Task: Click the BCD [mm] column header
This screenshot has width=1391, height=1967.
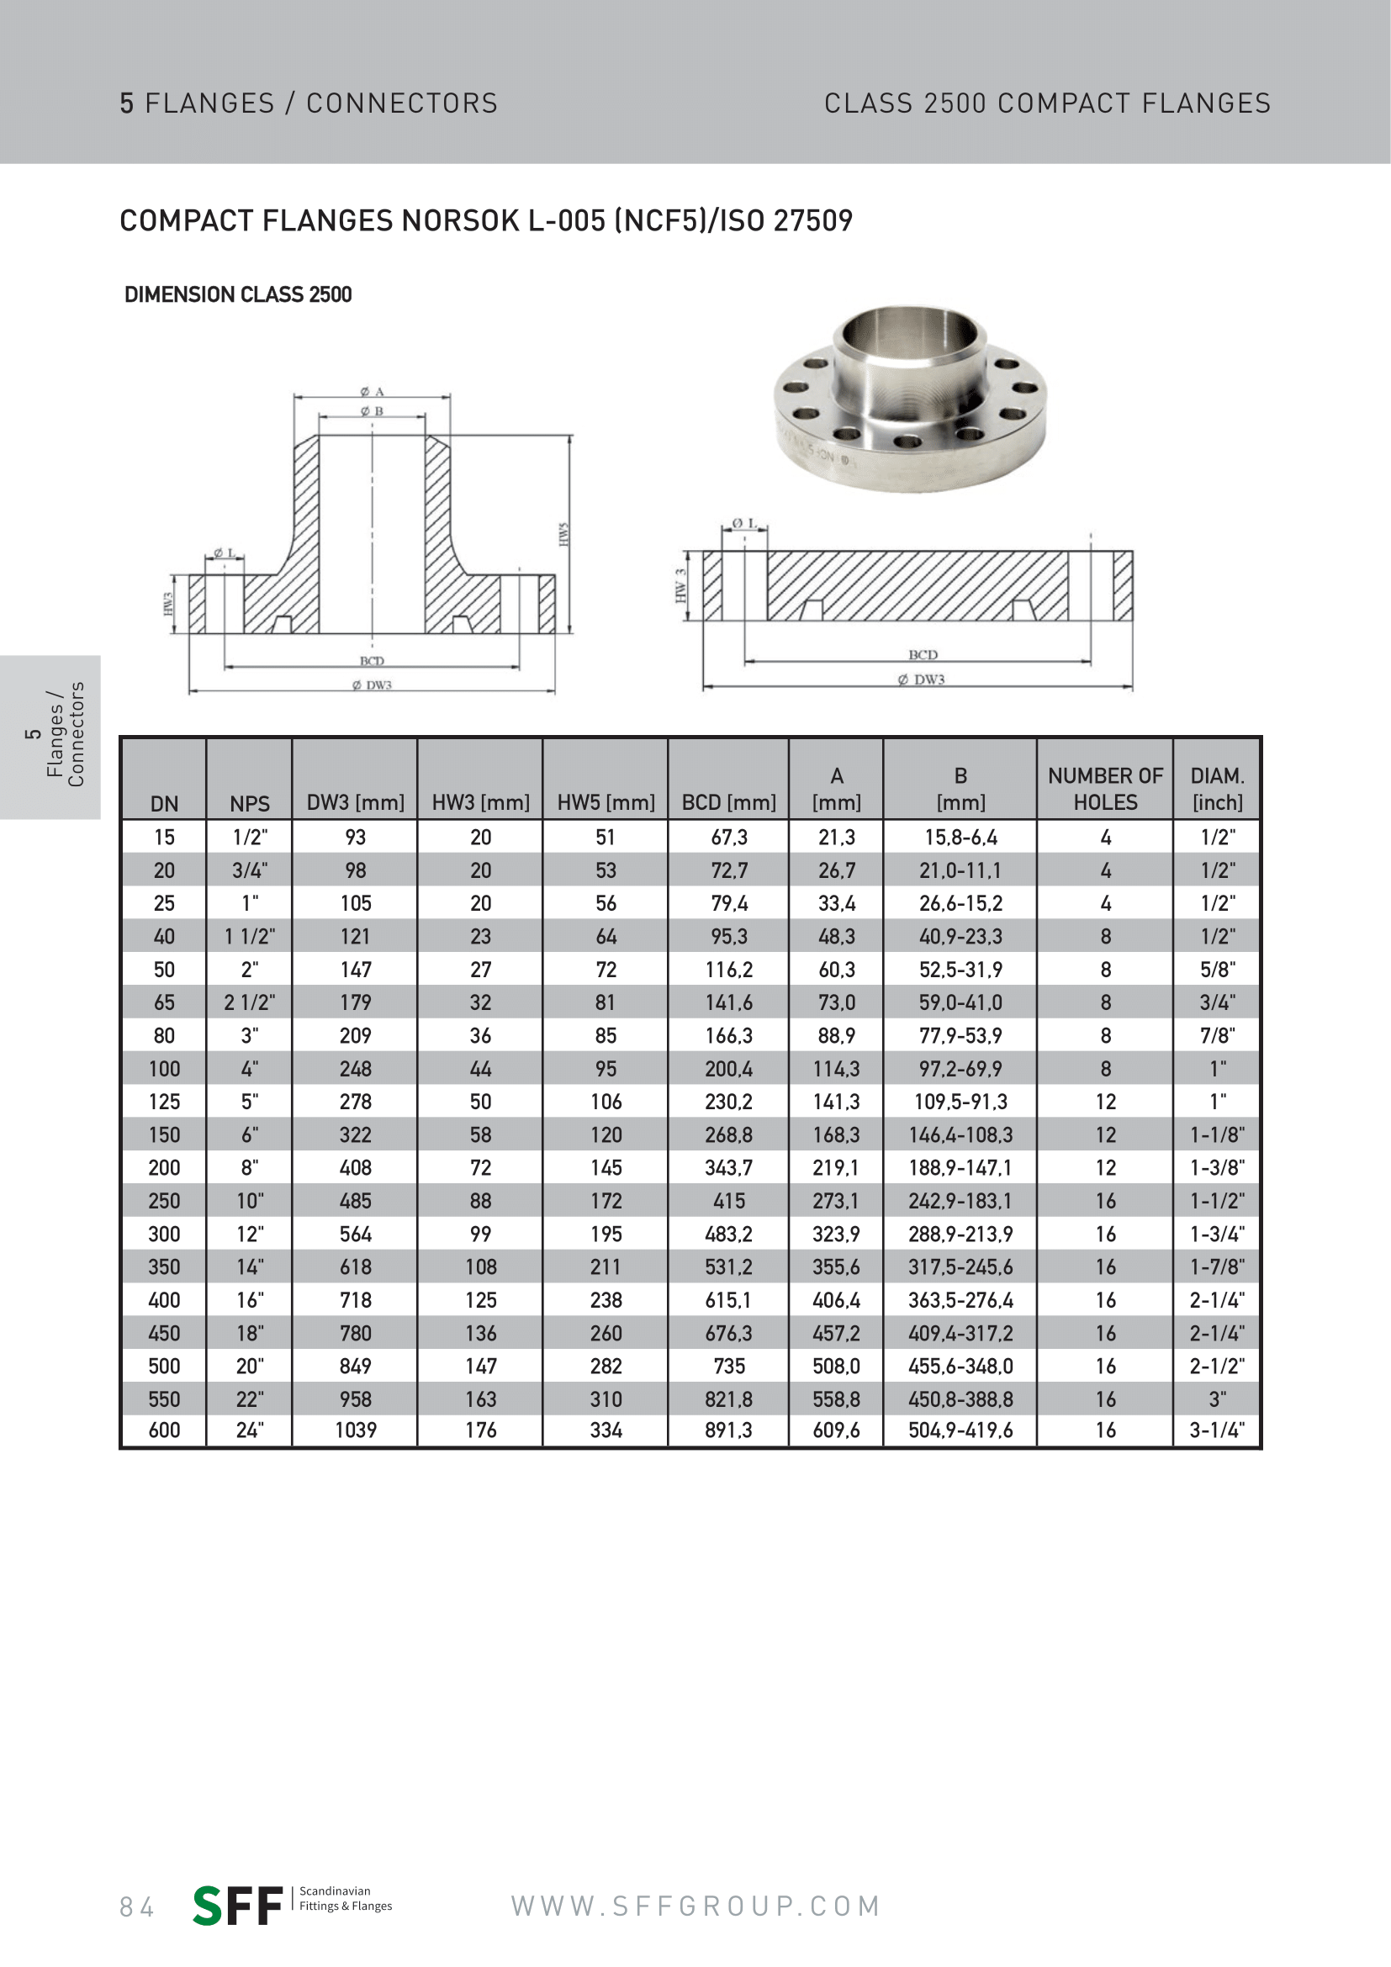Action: click(728, 802)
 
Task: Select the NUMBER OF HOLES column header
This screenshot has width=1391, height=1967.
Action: click(1105, 788)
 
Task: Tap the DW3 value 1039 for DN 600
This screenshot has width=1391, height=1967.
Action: click(356, 1430)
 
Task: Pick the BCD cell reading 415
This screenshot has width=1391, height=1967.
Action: click(729, 1200)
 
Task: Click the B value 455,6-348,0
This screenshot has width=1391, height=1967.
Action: click(960, 1366)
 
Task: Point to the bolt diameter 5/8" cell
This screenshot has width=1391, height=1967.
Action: click(1216, 969)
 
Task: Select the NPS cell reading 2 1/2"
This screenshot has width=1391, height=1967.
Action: click(249, 1002)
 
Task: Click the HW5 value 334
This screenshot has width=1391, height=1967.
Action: click(606, 1430)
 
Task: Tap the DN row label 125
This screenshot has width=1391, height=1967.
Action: click(164, 1102)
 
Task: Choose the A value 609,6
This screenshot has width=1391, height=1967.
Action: click(836, 1430)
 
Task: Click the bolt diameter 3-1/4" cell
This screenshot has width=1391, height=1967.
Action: click(1216, 1430)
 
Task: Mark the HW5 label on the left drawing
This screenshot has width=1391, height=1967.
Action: click(563, 534)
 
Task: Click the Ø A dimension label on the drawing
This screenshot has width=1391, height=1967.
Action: click(372, 392)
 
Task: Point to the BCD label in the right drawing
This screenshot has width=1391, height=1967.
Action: click(923, 654)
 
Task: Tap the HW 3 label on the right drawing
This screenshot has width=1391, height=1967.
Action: click(681, 586)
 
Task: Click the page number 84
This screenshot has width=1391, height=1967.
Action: click(137, 1906)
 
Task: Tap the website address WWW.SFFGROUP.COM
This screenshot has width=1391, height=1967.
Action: click(695, 1906)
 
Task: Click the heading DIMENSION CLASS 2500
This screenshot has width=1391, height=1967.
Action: click(238, 294)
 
